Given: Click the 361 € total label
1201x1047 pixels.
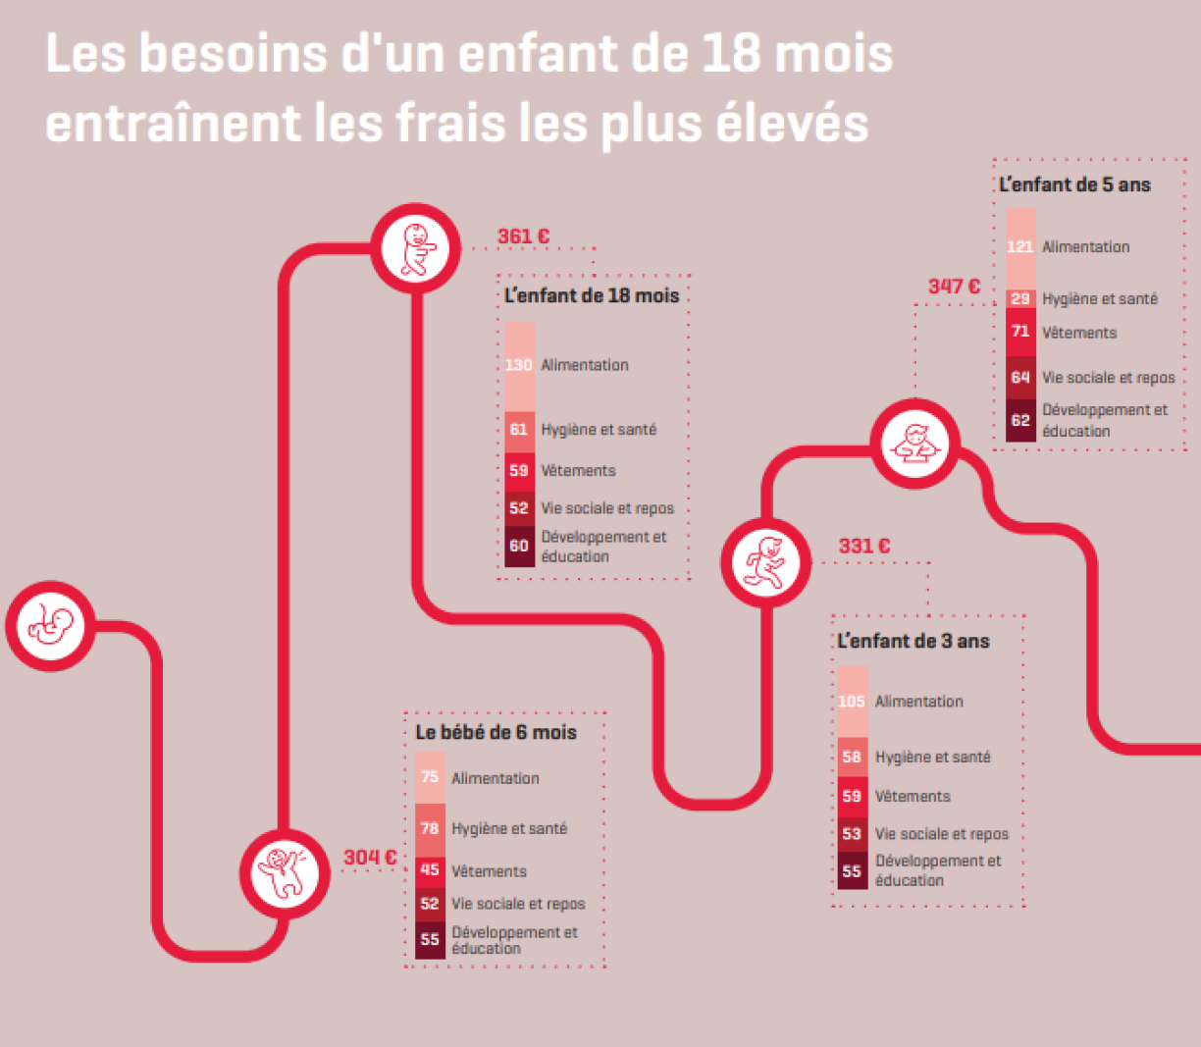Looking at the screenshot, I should click(x=523, y=236).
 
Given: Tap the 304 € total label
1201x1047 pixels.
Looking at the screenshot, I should click(x=370, y=858).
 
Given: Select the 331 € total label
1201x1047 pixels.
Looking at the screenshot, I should click(x=863, y=547).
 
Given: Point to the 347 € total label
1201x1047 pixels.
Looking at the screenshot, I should click(x=954, y=287).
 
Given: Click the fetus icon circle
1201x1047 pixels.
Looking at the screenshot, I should click(x=50, y=626).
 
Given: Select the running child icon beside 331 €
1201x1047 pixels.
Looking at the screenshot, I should click(x=766, y=562).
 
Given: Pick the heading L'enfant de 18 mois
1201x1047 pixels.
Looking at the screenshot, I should click(x=592, y=296).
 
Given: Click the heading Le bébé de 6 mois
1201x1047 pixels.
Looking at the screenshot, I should click(x=496, y=733).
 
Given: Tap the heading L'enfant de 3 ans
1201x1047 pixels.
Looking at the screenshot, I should click(x=914, y=642).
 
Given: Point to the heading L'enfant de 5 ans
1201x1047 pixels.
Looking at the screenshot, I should click(x=1074, y=184).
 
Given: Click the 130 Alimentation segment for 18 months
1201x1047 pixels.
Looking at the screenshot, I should click(x=519, y=366).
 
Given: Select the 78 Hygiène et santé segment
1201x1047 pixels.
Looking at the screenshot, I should click(x=430, y=829).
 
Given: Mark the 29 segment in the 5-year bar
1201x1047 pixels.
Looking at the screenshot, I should click(x=1020, y=298).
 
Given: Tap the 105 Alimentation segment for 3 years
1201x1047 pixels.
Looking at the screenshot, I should click(x=852, y=702).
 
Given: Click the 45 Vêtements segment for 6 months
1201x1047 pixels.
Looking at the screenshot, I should click(x=430, y=870).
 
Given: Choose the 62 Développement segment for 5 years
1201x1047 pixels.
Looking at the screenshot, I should click(x=1020, y=420).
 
